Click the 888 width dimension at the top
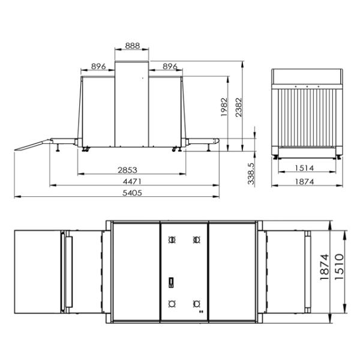[132, 46]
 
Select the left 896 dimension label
[98, 67]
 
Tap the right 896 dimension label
[170, 67]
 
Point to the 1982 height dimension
[224, 107]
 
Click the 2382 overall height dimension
[239, 107]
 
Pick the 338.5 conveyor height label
[251, 174]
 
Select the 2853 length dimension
[127, 170]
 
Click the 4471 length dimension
[132, 182]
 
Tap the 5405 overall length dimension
[132, 193]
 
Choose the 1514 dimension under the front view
[304, 168]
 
